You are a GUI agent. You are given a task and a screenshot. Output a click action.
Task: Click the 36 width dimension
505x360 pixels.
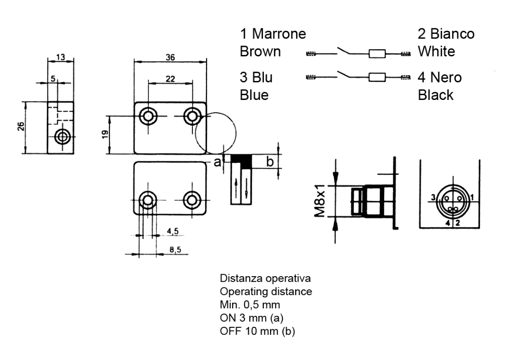coord(171,57)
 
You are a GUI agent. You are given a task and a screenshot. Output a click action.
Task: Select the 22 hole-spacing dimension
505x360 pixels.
coord(171,79)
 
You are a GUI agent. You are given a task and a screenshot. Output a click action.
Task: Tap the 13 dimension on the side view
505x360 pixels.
coord(61,57)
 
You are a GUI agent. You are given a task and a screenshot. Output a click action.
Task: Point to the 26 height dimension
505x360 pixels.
coord(21,126)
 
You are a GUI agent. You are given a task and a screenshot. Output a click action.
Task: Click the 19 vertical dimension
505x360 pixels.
coord(105,134)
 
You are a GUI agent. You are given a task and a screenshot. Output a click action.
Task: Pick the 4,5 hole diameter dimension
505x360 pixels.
coord(172,231)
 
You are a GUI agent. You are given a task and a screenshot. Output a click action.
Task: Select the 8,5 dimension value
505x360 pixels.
coord(175,250)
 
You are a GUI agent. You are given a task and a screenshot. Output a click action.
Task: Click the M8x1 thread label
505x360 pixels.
coord(319,201)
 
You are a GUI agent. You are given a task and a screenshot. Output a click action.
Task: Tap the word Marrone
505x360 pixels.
coord(279,34)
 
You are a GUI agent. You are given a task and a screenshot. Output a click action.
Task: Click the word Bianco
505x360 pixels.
coord(452,34)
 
